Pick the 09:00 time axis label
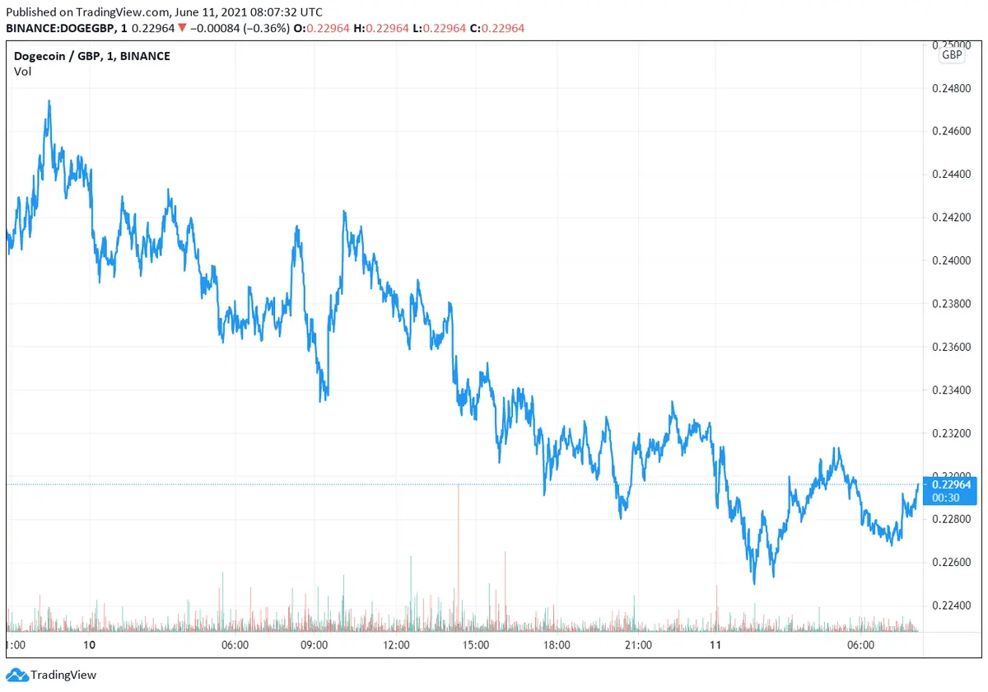click(x=315, y=645)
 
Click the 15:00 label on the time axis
click(x=477, y=645)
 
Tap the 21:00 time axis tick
click(x=638, y=645)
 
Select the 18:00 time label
click(x=557, y=645)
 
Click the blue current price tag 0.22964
click(x=951, y=484)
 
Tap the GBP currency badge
click(x=952, y=55)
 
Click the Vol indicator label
click(x=23, y=72)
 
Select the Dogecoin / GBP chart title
click(x=92, y=56)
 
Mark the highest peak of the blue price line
click(x=49, y=101)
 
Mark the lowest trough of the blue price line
click(x=753, y=584)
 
